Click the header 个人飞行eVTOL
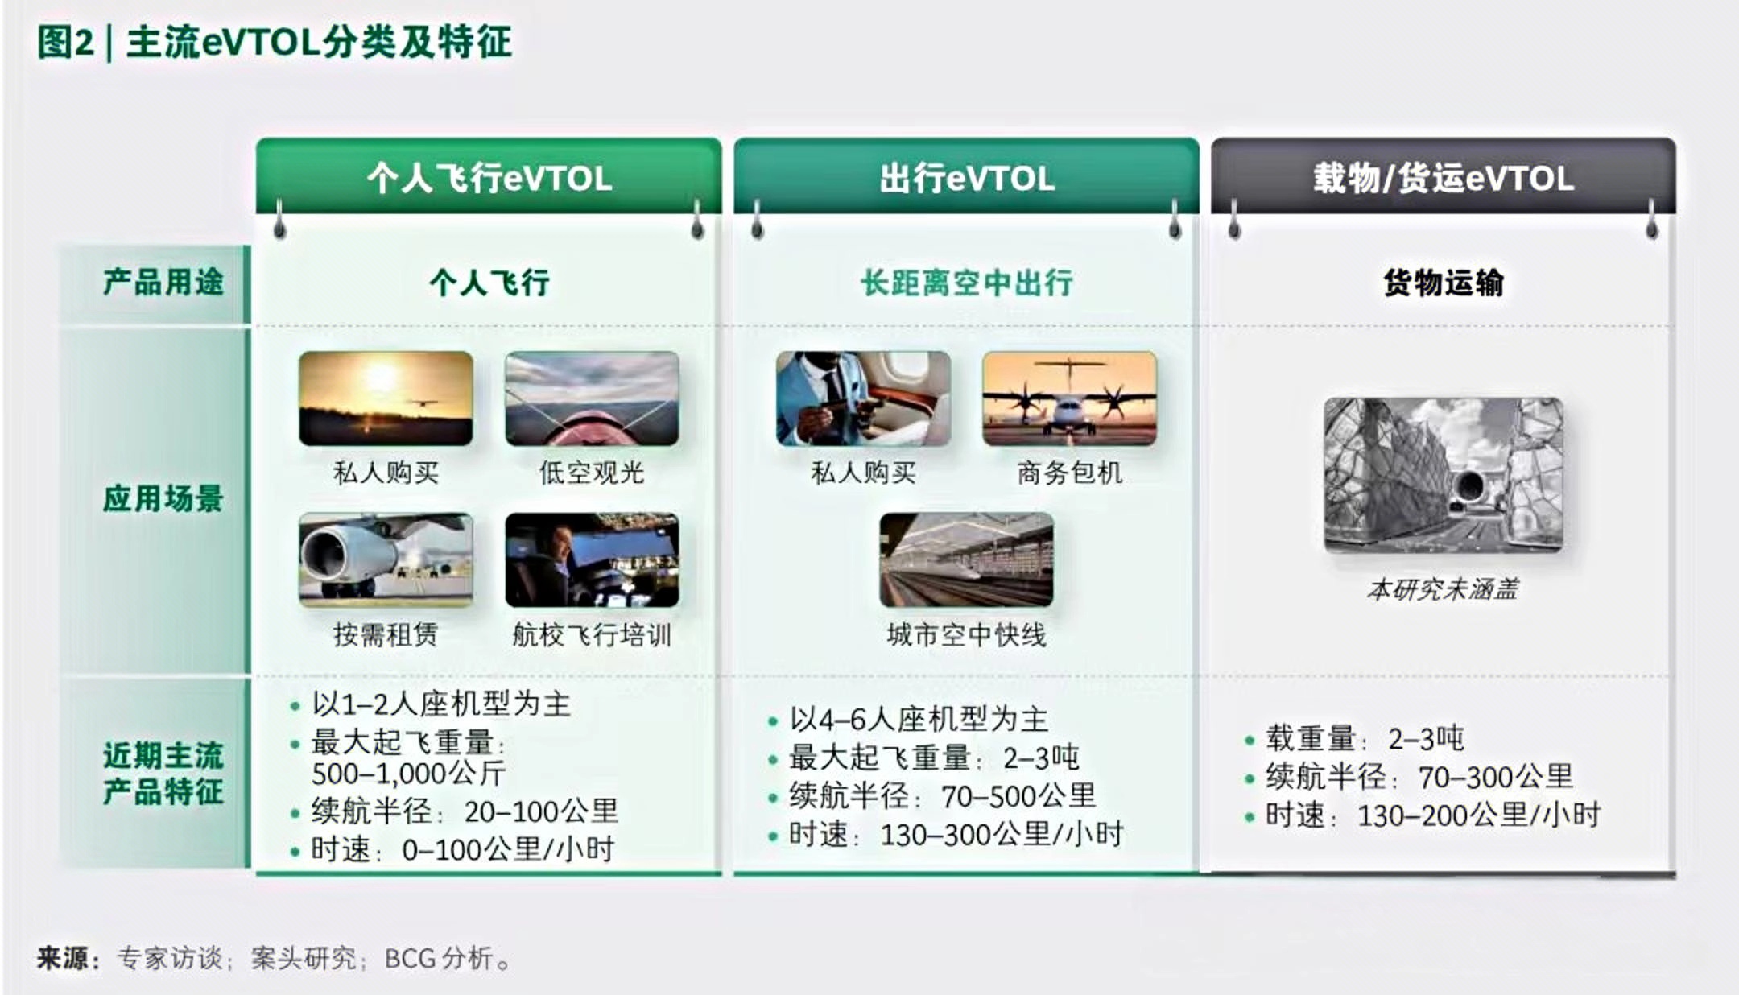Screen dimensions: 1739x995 489,178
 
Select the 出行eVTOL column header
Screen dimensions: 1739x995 966,178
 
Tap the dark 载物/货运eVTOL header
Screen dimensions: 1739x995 1444,178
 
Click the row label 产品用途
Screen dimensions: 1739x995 163,283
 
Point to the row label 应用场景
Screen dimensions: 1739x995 163,498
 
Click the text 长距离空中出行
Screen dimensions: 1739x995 966,283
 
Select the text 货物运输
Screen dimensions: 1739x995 1444,283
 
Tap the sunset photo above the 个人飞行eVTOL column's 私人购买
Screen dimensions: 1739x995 386,398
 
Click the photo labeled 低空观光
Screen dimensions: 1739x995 592,398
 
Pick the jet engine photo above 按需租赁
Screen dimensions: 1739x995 386,559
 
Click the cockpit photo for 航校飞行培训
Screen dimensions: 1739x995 592,559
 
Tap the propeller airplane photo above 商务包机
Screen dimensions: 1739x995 1069,398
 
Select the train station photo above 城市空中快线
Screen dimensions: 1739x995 966,559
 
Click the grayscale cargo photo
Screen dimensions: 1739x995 1444,475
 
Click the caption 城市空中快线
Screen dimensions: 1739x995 966,635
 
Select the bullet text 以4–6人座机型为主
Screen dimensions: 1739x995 919,719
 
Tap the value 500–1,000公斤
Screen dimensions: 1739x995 408,774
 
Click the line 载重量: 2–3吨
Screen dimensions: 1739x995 1365,738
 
